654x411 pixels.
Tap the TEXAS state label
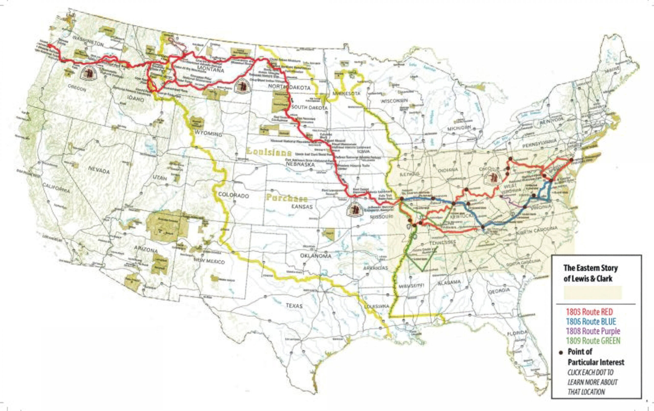pyautogui.click(x=294, y=306)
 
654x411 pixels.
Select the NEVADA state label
pyautogui.click(x=99, y=170)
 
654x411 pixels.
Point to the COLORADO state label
pyautogui.click(x=233, y=195)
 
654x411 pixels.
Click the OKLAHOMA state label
pyautogui.click(x=316, y=256)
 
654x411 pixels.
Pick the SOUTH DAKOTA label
pyautogui.click(x=309, y=107)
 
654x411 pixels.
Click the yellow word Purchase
pyautogui.click(x=287, y=198)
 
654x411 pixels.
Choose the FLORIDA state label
pyautogui.click(x=517, y=333)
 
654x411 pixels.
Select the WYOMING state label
pyautogui.click(x=208, y=134)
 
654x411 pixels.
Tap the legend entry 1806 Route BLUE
pyautogui.click(x=591, y=321)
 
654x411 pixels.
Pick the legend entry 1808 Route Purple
pyautogui.click(x=593, y=331)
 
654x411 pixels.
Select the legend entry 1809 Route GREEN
pyautogui.click(x=593, y=341)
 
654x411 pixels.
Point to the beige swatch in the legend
pyautogui.click(x=593, y=293)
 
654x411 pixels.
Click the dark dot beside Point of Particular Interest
pyautogui.click(x=560, y=353)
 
